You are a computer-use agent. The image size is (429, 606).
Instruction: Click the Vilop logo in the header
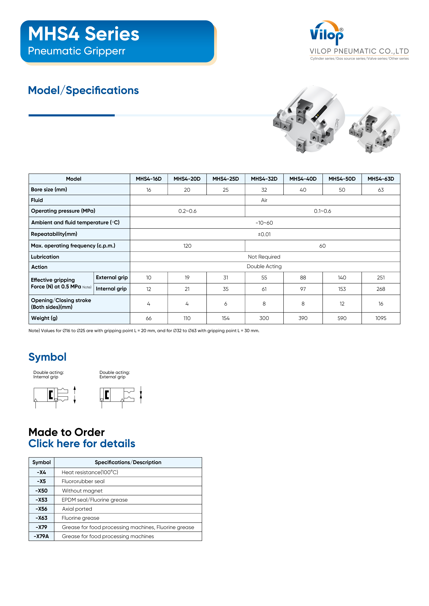[327, 33]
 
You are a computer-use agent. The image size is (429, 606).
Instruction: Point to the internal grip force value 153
[342, 289]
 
